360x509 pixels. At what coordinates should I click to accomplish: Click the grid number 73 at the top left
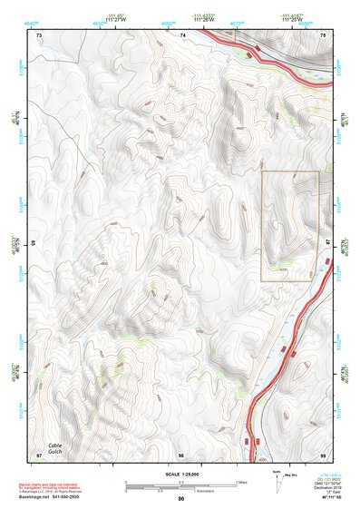(39, 35)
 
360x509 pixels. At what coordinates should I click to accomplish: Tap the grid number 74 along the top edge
(182, 35)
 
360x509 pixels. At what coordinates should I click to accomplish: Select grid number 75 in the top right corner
(323, 35)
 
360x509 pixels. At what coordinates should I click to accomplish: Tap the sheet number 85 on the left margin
(34, 243)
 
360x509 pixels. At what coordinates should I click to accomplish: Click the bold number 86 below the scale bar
(181, 499)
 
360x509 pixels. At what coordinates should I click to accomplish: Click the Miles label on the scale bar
(241, 481)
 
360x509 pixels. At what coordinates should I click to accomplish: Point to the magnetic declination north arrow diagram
(277, 482)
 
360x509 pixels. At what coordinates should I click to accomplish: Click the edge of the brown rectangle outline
(262, 227)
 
